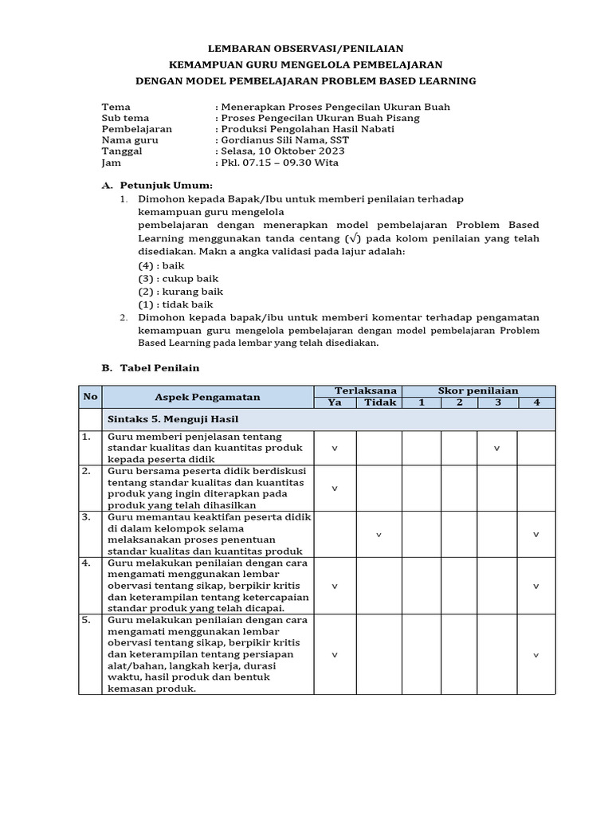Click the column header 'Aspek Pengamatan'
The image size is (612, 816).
point(207,397)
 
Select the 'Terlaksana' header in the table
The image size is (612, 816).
point(357,390)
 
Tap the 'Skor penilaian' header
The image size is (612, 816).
point(478,390)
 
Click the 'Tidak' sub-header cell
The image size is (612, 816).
point(379,402)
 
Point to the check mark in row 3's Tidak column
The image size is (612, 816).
point(379,535)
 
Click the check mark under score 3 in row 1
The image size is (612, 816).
point(497,449)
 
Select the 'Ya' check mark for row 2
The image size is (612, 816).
point(335,488)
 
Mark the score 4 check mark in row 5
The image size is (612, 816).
point(536,655)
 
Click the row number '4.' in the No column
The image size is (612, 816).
point(86,563)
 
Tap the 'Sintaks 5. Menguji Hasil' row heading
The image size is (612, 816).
point(173,419)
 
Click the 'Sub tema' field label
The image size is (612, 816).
point(125,118)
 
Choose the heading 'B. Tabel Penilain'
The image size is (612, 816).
point(151,368)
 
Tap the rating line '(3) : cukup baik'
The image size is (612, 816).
point(178,279)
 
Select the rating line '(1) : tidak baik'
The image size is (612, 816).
point(175,304)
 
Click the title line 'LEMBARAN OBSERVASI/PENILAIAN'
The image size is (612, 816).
point(306,49)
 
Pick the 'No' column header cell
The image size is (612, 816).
point(90,397)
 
